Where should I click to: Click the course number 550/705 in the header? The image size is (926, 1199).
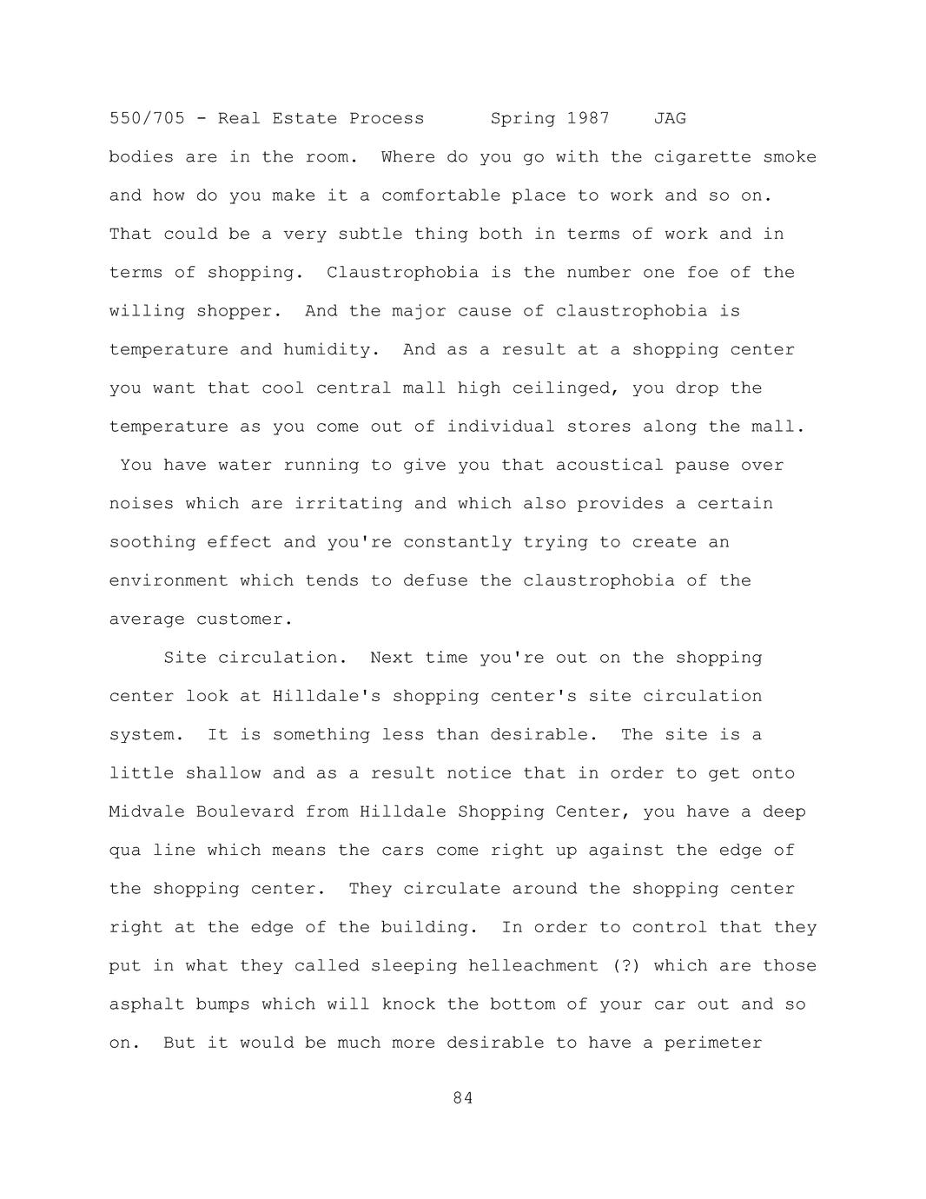click(x=147, y=118)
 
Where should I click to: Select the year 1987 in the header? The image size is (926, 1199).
click(x=588, y=118)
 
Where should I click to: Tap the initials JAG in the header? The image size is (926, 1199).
click(x=670, y=118)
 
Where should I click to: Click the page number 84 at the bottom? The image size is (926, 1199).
click(x=463, y=1098)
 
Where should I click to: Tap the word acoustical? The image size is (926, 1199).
click(x=610, y=466)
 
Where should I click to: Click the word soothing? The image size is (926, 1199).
click(x=152, y=542)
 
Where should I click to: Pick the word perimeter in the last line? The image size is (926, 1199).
click(x=713, y=1043)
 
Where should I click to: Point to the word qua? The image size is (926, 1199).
click(x=125, y=851)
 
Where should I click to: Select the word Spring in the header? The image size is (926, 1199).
click(x=523, y=118)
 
